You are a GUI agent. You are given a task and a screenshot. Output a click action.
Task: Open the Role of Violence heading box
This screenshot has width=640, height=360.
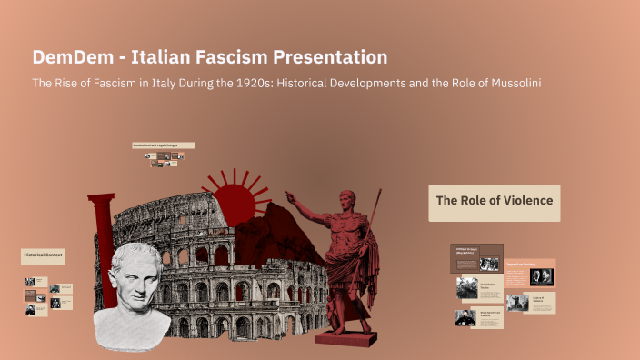[495, 202]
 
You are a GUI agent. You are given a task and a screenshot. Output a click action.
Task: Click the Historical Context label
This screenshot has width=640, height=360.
[44, 257]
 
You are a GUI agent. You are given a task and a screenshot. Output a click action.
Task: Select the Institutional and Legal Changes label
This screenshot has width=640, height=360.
[163, 145]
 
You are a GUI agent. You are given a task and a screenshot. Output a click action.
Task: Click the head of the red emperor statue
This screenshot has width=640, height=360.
[345, 199]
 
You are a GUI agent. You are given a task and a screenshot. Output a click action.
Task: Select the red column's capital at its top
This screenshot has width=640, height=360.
[101, 198]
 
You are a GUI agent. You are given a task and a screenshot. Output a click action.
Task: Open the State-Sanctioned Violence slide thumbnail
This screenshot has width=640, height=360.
[478, 317]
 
